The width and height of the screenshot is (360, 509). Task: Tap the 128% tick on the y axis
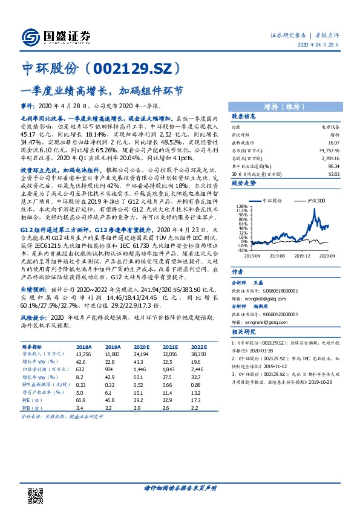click(x=241, y=206)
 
